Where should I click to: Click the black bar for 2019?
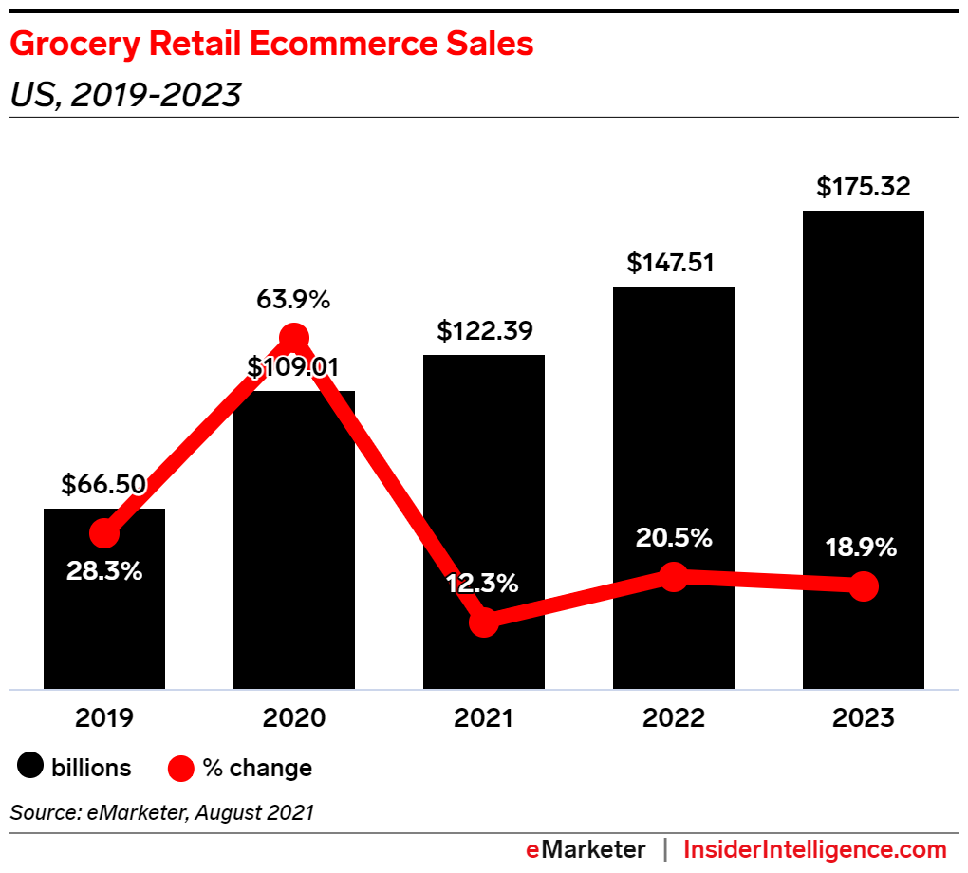pos(104,626)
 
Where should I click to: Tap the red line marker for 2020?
pos(294,337)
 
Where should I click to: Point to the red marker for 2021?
pos(484,622)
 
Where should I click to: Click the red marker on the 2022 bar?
pos(673,576)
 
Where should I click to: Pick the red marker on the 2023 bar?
pos(863,586)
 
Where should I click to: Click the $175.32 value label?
pos(863,187)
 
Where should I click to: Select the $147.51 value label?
pos(673,263)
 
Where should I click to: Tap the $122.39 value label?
pos(484,331)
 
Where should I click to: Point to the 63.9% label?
pos(293,301)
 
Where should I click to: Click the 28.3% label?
pos(103,571)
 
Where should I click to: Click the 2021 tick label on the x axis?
pos(484,718)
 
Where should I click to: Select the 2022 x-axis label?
pos(673,718)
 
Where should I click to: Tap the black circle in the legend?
pos(31,767)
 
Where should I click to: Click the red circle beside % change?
pos(181,767)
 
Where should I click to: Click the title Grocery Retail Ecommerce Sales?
pos(271,45)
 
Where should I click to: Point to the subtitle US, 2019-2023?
pos(125,95)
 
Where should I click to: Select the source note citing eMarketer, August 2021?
pos(161,812)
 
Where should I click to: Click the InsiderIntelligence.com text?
pos(814,849)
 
